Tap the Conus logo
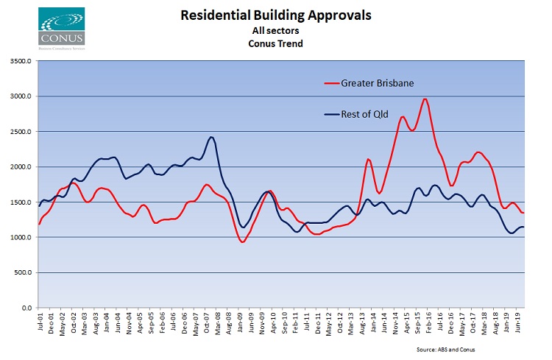[x=63, y=27]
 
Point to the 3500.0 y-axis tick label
[x=20, y=61]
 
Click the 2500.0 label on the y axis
[x=20, y=132]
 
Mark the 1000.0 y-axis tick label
[x=20, y=237]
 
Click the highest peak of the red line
[x=425, y=99]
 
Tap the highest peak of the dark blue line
[x=211, y=137]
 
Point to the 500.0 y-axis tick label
[x=22, y=272]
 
